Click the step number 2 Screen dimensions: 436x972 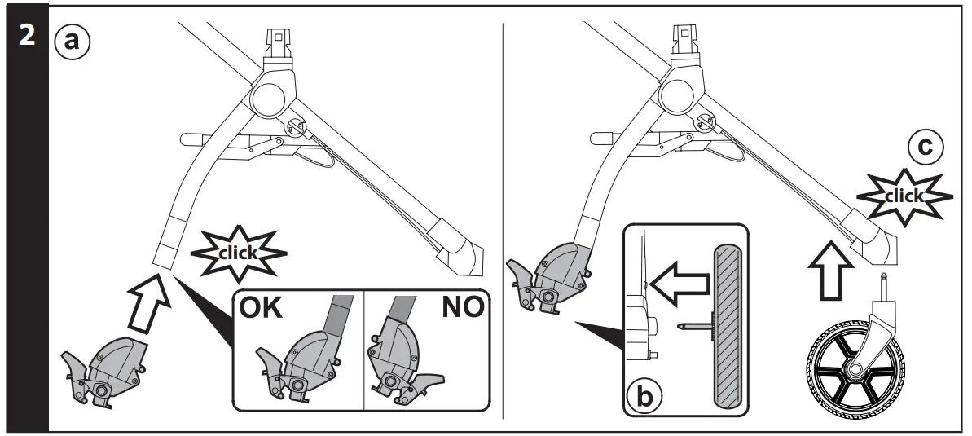click(x=24, y=37)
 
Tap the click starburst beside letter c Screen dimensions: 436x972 click(x=904, y=196)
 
